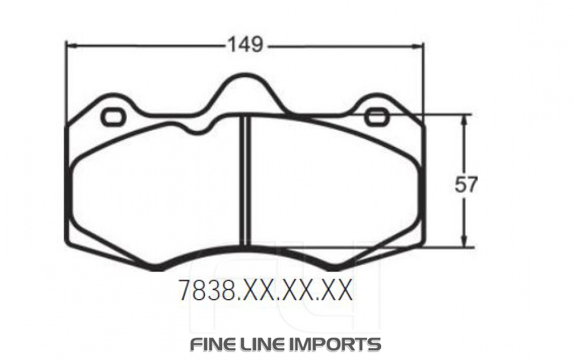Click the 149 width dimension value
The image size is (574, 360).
(x=245, y=44)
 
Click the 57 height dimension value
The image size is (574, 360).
(x=466, y=184)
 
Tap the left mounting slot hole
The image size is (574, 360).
(x=113, y=117)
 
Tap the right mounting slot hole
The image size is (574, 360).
(x=377, y=117)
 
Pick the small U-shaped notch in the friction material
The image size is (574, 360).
(x=198, y=129)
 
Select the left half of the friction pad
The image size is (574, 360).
(x=155, y=189)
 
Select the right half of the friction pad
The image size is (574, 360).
(x=333, y=189)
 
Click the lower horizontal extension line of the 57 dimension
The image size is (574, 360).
(x=448, y=247)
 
